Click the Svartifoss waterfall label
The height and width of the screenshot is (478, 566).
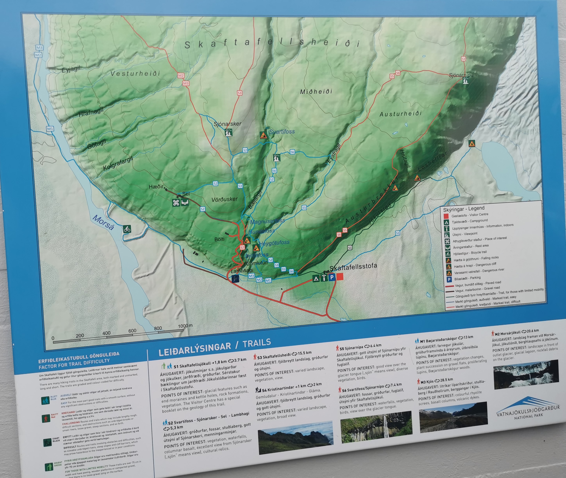282,132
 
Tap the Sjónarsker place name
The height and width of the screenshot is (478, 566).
227,124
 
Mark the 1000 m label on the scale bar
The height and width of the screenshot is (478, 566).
185,326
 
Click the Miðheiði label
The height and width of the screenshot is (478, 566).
316,92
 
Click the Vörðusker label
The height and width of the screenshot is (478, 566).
224,199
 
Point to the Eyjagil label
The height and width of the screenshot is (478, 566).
71,69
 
